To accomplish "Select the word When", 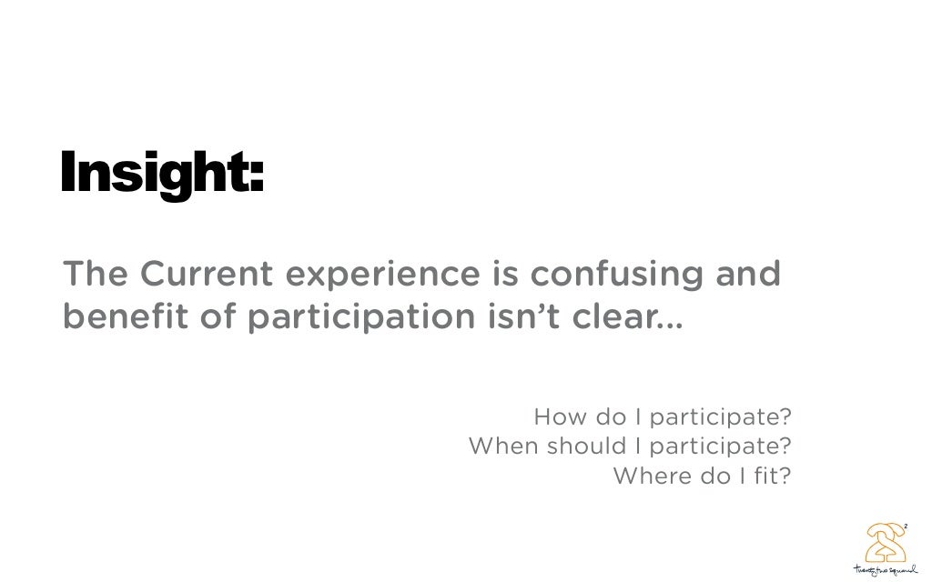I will click(x=499, y=447).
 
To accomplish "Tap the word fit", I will click(x=770, y=476).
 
